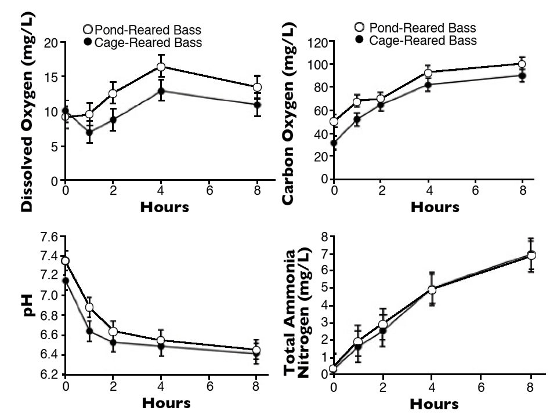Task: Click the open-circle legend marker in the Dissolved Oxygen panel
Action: click(x=88, y=29)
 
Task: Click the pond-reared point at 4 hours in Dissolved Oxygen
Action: click(x=161, y=67)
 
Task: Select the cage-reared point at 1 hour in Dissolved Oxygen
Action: click(x=89, y=132)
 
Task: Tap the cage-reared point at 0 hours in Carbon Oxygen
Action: click(x=334, y=143)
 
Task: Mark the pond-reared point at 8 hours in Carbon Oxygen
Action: click(x=522, y=64)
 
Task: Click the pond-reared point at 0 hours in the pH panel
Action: click(x=66, y=261)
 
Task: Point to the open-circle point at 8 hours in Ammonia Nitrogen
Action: click(x=531, y=255)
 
